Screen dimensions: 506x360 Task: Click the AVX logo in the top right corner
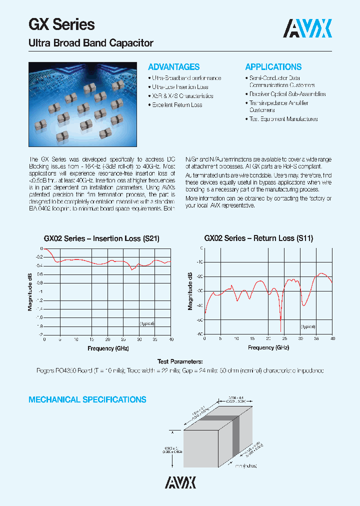(x=307, y=29)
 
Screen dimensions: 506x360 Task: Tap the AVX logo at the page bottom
(x=180, y=481)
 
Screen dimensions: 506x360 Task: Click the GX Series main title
(x=61, y=24)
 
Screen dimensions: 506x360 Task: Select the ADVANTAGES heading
(x=173, y=67)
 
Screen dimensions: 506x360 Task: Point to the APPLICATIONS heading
(x=273, y=67)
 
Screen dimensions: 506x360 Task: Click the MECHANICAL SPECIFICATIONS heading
(x=87, y=399)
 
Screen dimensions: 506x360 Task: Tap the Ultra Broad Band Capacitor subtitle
(x=90, y=43)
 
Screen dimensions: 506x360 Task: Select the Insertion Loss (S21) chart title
(x=101, y=238)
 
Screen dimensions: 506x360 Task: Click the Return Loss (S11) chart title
(x=258, y=238)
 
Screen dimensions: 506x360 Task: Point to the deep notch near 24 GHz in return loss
(x=280, y=318)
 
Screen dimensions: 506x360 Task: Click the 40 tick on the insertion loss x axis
(x=171, y=339)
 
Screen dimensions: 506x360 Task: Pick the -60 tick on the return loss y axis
(x=199, y=334)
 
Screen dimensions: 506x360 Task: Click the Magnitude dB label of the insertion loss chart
(x=30, y=291)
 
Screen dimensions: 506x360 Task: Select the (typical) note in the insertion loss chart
(x=147, y=323)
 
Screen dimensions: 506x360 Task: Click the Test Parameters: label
(x=180, y=361)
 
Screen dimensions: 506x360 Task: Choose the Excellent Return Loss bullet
(x=176, y=105)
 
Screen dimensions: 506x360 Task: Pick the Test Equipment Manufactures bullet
(x=283, y=119)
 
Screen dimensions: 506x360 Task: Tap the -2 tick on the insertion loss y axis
(x=40, y=334)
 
